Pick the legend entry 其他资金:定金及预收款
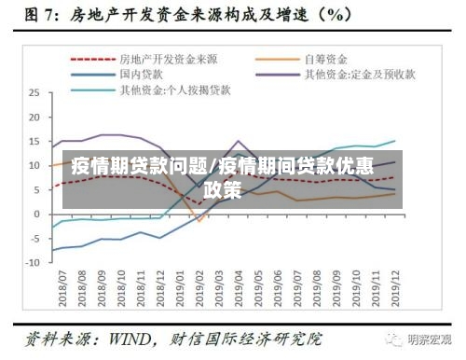pos(359,74)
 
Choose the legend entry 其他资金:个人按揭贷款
pos(167,90)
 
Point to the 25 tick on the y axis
pos(34,93)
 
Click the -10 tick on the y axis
pos(33,262)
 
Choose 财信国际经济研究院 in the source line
pos(251,337)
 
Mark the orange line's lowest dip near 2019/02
pos(199,221)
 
